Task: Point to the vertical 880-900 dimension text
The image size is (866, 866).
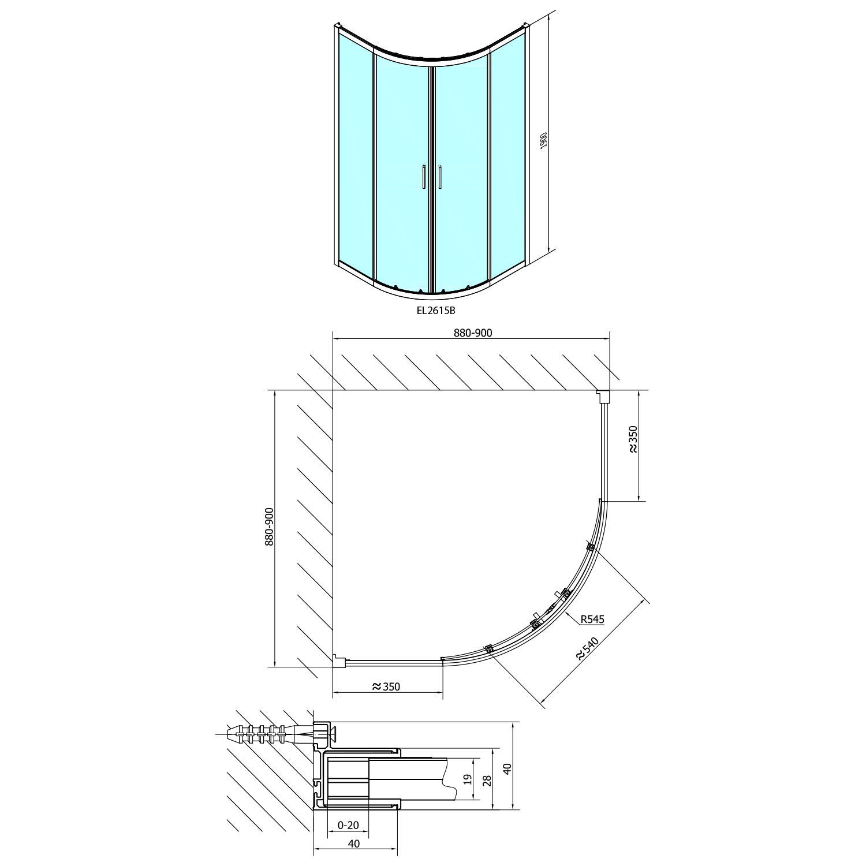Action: click(x=268, y=527)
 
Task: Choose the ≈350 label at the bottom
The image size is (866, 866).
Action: click(x=386, y=686)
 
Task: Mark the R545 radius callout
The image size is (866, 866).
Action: click(x=592, y=619)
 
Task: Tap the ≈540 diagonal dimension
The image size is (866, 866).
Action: click(x=588, y=647)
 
